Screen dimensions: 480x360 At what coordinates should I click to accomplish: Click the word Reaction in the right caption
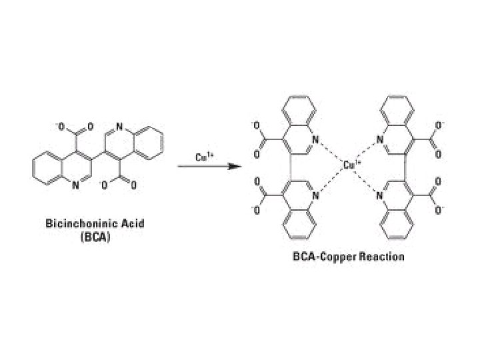[381, 255]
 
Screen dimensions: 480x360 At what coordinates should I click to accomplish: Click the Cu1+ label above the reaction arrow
[205, 157]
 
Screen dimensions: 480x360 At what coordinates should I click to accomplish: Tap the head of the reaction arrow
[234, 166]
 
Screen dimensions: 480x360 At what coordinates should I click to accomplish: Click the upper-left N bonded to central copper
[316, 140]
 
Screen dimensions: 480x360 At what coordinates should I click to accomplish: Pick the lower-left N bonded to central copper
[316, 195]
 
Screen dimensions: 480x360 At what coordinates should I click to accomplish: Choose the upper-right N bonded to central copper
[380, 140]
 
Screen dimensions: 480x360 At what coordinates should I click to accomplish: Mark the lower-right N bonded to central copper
[380, 195]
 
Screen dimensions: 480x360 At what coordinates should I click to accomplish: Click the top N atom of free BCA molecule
[119, 124]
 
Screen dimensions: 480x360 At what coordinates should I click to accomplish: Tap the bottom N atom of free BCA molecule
[75, 186]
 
